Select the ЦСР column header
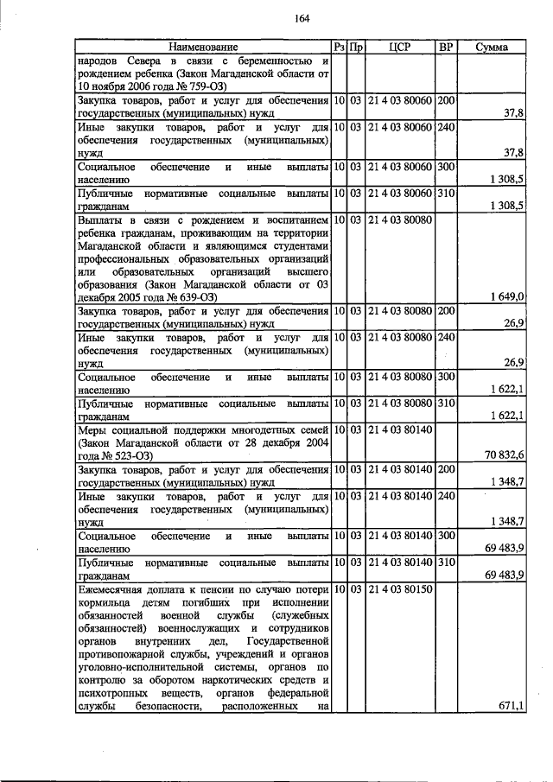click(400, 47)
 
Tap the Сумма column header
click(493, 47)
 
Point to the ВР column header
click(447, 47)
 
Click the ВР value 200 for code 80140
click(447, 469)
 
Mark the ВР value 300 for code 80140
click(447, 536)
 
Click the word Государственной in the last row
click(288, 642)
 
